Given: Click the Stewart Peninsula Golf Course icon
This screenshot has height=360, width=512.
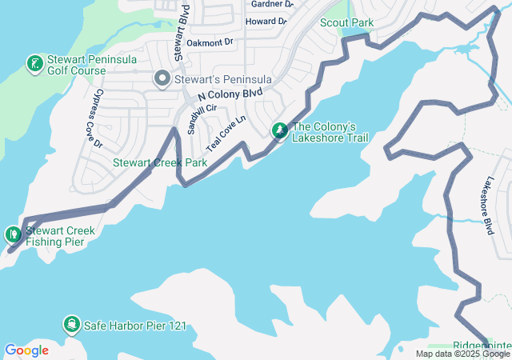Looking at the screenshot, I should coord(34,62).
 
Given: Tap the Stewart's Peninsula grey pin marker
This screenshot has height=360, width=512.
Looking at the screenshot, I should coord(161,78).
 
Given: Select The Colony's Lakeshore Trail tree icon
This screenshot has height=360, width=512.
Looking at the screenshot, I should coord(280,130).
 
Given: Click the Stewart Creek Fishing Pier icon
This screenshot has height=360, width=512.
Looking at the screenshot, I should coord(13,234).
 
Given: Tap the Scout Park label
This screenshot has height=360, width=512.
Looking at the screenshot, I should coord(346,22).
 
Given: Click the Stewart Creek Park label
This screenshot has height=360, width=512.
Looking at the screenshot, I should coord(159,162).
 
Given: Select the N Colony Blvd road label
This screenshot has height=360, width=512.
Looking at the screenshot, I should coord(230,93).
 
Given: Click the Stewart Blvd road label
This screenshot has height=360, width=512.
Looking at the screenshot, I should coord(180,33).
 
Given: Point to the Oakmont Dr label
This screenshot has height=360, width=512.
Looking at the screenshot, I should coord(210,41).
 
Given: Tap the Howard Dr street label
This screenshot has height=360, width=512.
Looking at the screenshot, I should coord(264,22).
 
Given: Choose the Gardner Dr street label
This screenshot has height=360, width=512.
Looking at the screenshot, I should coord(271,4).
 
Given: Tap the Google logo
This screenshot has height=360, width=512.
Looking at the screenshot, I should coord(26,350).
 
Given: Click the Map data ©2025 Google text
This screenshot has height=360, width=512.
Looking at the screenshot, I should coord(462,354).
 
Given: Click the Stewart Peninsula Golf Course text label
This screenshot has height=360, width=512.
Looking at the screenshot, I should coord(77,65).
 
